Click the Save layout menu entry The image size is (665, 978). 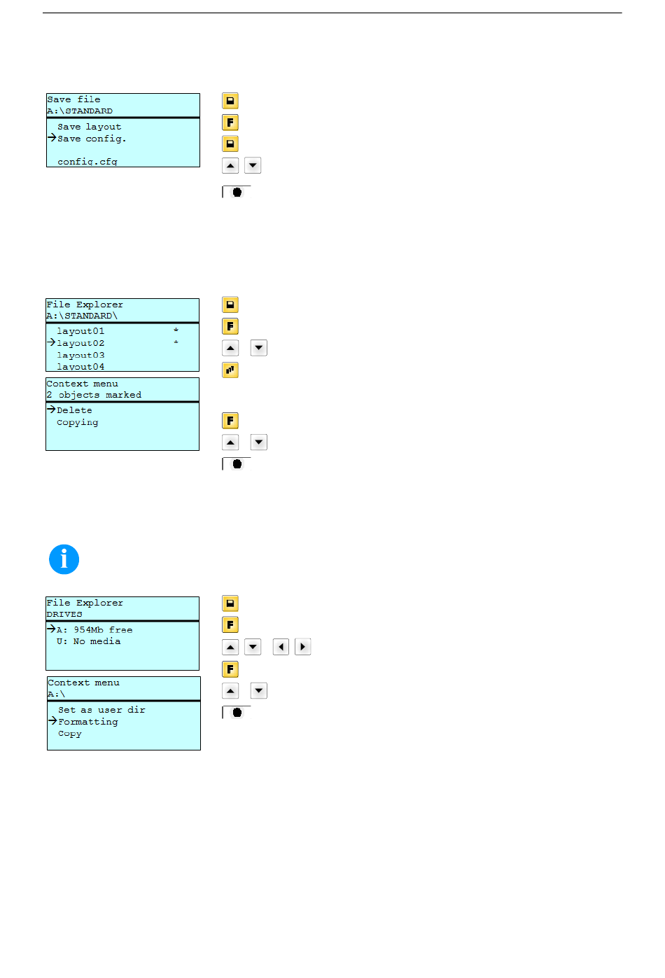click(x=89, y=127)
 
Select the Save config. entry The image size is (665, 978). click(x=92, y=139)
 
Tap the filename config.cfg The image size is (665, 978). click(x=87, y=162)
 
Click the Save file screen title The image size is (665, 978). click(x=73, y=99)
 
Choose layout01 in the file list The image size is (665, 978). click(x=80, y=331)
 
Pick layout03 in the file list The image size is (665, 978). click(x=80, y=355)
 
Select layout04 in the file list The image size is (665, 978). click(x=80, y=367)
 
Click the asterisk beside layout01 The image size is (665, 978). click(x=176, y=330)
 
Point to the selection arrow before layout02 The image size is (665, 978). click(x=51, y=342)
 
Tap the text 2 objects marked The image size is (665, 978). click(x=94, y=395)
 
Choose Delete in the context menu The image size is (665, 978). click(x=74, y=410)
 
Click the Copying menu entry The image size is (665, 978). click(x=77, y=422)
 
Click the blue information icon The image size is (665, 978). click(x=64, y=559)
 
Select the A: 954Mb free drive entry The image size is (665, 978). click(x=94, y=629)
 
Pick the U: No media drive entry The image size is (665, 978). click(x=88, y=641)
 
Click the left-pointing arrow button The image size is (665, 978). click(x=281, y=647)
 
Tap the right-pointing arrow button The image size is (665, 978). click(x=302, y=647)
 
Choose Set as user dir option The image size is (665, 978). click(x=101, y=709)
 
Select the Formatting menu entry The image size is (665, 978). click(x=87, y=722)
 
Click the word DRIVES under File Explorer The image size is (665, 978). click(x=64, y=614)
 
